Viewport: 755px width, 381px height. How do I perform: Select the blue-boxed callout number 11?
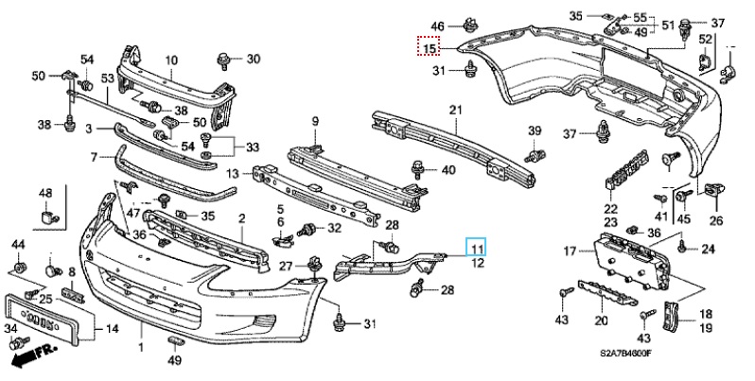click(x=477, y=248)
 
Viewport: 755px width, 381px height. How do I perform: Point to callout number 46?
click(x=437, y=25)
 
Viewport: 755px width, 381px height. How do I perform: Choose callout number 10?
click(x=171, y=61)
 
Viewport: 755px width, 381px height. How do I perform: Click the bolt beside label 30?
click(x=227, y=61)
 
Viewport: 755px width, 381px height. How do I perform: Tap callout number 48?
click(x=45, y=195)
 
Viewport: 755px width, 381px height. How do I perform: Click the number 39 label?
click(x=534, y=130)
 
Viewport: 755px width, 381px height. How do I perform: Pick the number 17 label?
click(x=570, y=251)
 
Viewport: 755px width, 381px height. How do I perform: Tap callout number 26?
click(x=715, y=221)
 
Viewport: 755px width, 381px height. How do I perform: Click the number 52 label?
click(x=705, y=39)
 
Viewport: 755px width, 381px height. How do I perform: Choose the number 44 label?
click(x=17, y=245)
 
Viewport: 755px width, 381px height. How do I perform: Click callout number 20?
click(x=599, y=320)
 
